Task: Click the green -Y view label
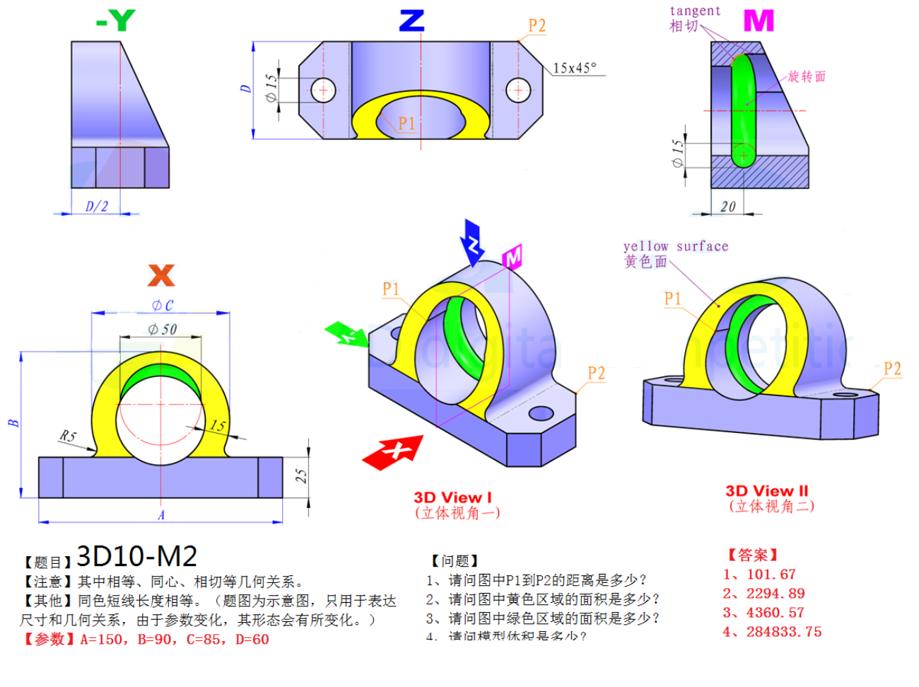[116, 21]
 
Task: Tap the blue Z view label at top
[411, 21]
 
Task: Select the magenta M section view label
[759, 21]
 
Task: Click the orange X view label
[161, 275]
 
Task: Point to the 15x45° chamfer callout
[574, 68]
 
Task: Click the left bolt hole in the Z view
[324, 90]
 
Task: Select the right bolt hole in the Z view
[518, 90]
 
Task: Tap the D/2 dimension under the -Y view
[97, 206]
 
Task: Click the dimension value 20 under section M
[727, 207]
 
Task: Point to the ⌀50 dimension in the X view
[162, 329]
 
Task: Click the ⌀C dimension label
[162, 305]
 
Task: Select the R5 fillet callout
[68, 436]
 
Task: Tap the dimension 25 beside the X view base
[301, 475]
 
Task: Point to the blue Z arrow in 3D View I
[472, 242]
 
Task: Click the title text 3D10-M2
[136, 557]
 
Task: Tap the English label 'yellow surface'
[675, 246]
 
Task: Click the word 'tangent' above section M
[695, 11]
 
